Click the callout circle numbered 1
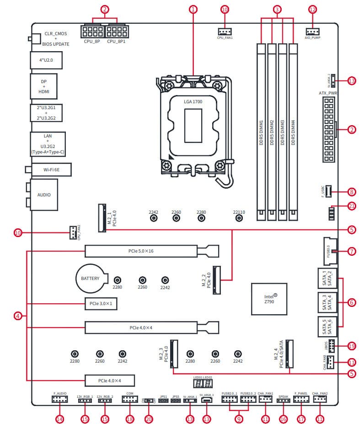193,9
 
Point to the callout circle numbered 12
312,9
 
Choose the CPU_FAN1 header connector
225,31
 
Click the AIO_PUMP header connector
312,31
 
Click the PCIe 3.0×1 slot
101,303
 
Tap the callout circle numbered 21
352,206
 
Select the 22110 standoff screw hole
239,219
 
